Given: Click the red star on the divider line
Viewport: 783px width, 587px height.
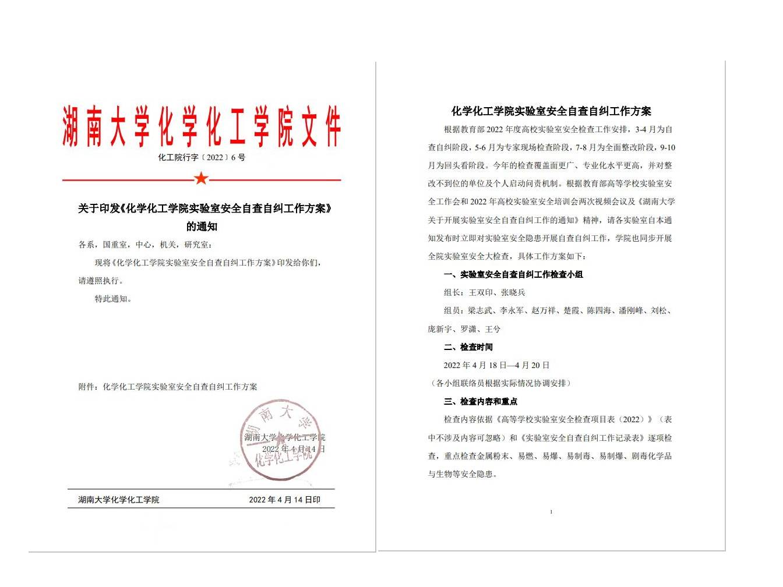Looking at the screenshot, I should click(201, 178).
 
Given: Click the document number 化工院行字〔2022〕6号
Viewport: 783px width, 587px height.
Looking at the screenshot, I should click(202, 157).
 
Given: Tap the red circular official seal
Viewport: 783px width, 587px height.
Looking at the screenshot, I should click(281, 440).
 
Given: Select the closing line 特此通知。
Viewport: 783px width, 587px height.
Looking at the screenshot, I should click(114, 299).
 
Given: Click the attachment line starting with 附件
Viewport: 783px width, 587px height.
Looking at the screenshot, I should click(168, 387).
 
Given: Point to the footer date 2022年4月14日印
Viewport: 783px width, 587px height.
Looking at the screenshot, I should click(284, 500).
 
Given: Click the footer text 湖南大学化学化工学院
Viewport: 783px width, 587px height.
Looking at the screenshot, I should click(119, 500).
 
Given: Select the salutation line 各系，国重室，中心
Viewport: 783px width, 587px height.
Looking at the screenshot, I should click(146, 245).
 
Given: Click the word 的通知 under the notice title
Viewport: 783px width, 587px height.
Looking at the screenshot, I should click(202, 227).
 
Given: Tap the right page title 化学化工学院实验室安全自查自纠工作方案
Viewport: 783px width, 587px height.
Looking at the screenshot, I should click(551, 111).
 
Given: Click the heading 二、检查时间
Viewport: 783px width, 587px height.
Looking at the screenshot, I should click(468, 347).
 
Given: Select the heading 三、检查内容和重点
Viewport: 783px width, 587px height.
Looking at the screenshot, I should click(480, 401).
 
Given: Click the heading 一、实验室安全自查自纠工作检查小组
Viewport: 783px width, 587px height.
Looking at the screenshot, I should click(513, 274).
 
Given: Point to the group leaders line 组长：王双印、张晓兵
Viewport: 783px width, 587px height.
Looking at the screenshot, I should click(484, 292).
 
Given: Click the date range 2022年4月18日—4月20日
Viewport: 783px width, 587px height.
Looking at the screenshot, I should click(496, 365).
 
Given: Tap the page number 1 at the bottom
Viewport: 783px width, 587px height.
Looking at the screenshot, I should click(551, 512).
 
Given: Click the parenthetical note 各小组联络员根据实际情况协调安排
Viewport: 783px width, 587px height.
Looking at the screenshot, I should click(500, 383).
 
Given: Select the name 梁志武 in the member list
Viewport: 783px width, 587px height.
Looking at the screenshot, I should click(480, 311).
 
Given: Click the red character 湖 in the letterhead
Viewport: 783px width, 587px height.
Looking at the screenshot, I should click(70, 126).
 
